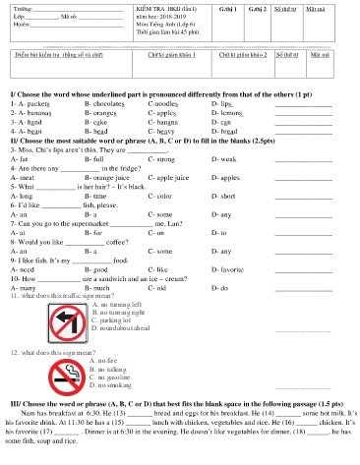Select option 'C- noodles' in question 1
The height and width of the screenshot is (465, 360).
click(164, 102)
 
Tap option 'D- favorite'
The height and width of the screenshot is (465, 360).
click(231, 268)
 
